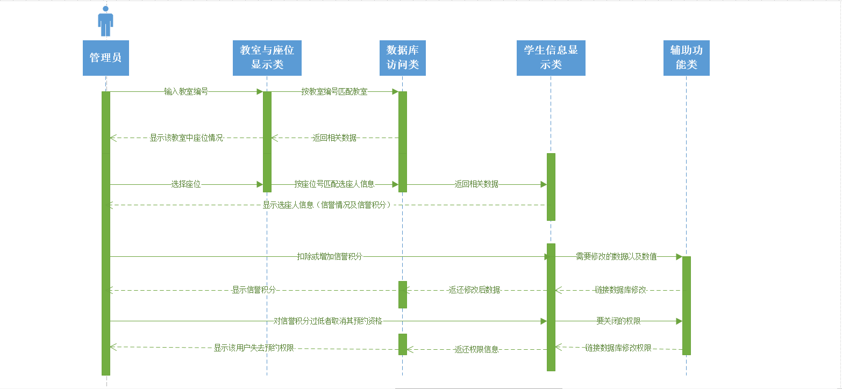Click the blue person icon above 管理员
(105, 22)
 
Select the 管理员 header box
(105, 57)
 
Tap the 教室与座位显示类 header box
(267, 57)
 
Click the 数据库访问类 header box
(402, 57)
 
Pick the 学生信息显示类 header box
(551, 57)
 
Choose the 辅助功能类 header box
(686, 57)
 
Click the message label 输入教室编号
(186, 92)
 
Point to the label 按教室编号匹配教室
(334, 92)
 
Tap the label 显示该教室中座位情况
(186, 138)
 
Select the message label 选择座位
(186, 184)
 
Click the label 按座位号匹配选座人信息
(334, 184)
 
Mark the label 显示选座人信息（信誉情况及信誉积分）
(326, 205)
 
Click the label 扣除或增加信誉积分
(330, 257)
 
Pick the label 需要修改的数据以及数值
(616, 257)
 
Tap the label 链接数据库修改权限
(618, 348)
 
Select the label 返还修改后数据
(475, 290)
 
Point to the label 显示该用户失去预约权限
(254, 348)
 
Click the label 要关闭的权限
(618, 321)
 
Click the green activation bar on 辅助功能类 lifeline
(686, 305)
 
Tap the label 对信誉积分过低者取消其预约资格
(327, 321)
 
